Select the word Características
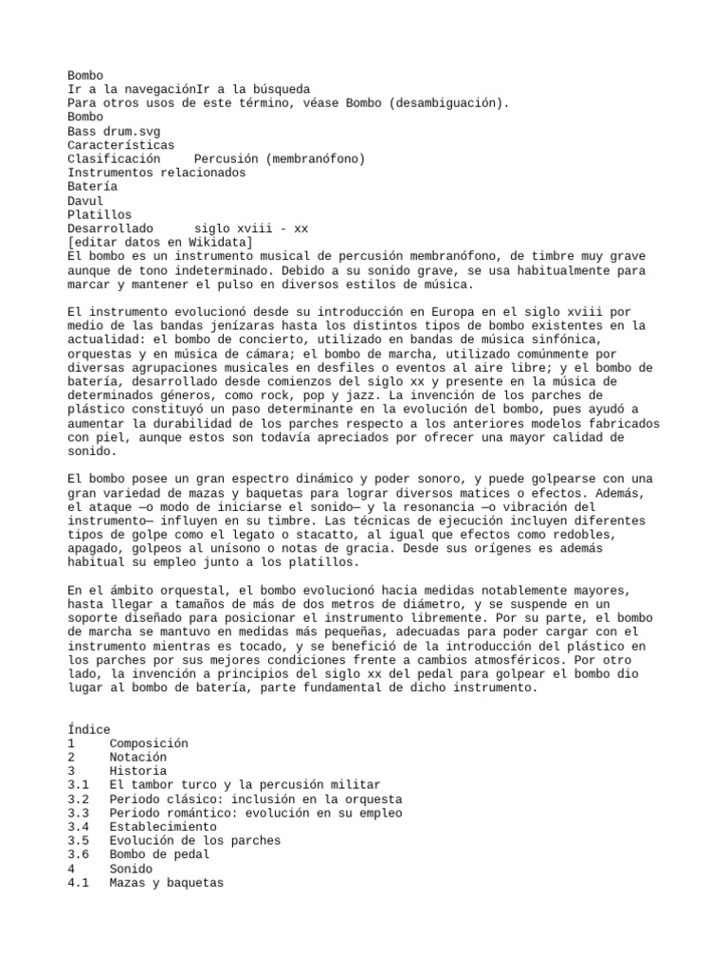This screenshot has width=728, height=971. (x=121, y=145)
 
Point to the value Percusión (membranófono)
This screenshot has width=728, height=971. (x=279, y=159)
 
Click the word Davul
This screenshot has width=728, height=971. (x=85, y=201)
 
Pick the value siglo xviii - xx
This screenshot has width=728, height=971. (x=250, y=229)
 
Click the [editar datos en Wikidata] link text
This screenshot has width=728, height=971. (x=160, y=243)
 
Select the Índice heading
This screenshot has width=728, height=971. (x=89, y=729)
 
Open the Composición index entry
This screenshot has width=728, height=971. (x=149, y=743)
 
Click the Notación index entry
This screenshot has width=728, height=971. (x=138, y=758)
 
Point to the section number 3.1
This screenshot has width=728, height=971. (x=79, y=785)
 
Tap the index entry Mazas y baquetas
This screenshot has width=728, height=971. (x=167, y=883)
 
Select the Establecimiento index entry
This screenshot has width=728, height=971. (x=163, y=827)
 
